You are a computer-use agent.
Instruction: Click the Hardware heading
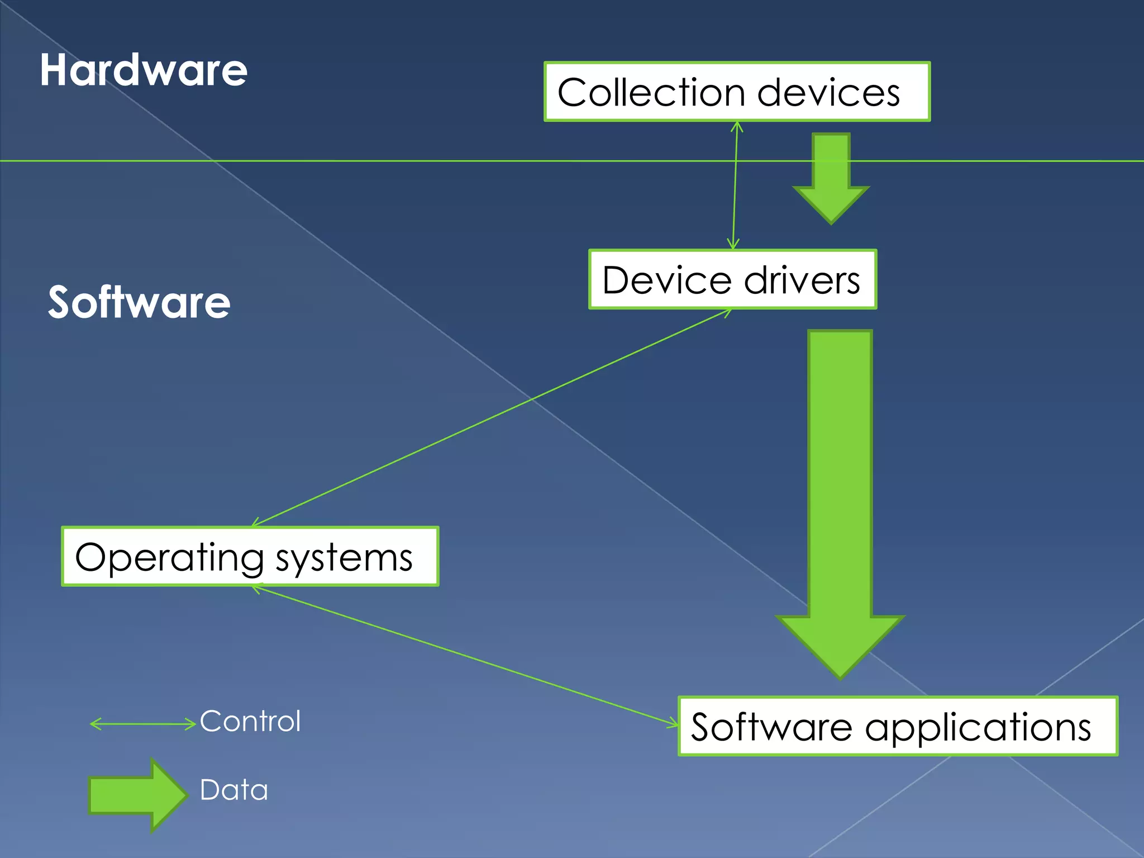[x=144, y=70]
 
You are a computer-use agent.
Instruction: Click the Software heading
[x=139, y=302]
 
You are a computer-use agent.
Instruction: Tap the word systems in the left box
[x=344, y=557]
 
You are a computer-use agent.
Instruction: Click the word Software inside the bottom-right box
[x=771, y=727]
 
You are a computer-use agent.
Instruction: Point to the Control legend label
[x=250, y=721]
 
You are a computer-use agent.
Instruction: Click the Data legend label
[x=234, y=790]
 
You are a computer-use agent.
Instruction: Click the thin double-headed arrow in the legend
[x=142, y=724]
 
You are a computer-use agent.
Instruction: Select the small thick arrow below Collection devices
[x=831, y=179]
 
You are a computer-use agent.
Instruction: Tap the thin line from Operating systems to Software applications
[x=464, y=656]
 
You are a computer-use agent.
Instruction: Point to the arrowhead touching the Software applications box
[x=673, y=724]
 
